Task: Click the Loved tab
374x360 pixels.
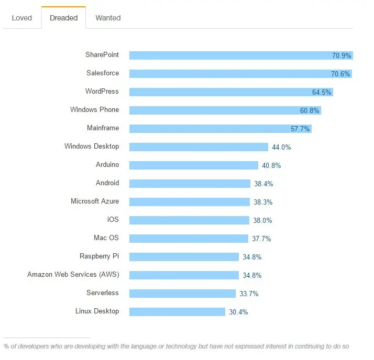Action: pyautogui.click(x=21, y=18)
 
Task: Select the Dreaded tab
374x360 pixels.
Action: pyautogui.click(x=63, y=18)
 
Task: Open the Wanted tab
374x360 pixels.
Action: pyautogui.click(x=108, y=18)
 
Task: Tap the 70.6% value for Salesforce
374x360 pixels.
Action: pyautogui.click(x=340, y=74)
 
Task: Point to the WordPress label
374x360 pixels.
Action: pyautogui.click(x=102, y=92)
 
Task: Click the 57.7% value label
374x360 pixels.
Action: pyautogui.click(x=301, y=129)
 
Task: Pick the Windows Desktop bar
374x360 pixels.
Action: pyautogui.click(x=199, y=147)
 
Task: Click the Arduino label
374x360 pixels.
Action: pyautogui.click(x=107, y=165)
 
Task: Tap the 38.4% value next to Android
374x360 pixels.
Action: pyautogui.click(x=263, y=184)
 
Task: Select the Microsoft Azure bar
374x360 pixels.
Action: pyautogui.click(x=189, y=202)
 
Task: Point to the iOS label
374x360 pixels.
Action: pyautogui.click(x=113, y=220)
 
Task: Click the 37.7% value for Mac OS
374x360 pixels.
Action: pyautogui.click(x=261, y=239)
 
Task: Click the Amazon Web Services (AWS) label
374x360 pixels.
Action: pyautogui.click(x=73, y=275)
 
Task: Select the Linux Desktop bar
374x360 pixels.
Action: pyautogui.click(x=177, y=312)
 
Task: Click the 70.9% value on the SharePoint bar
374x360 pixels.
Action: pyautogui.click(x=342, y=55)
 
